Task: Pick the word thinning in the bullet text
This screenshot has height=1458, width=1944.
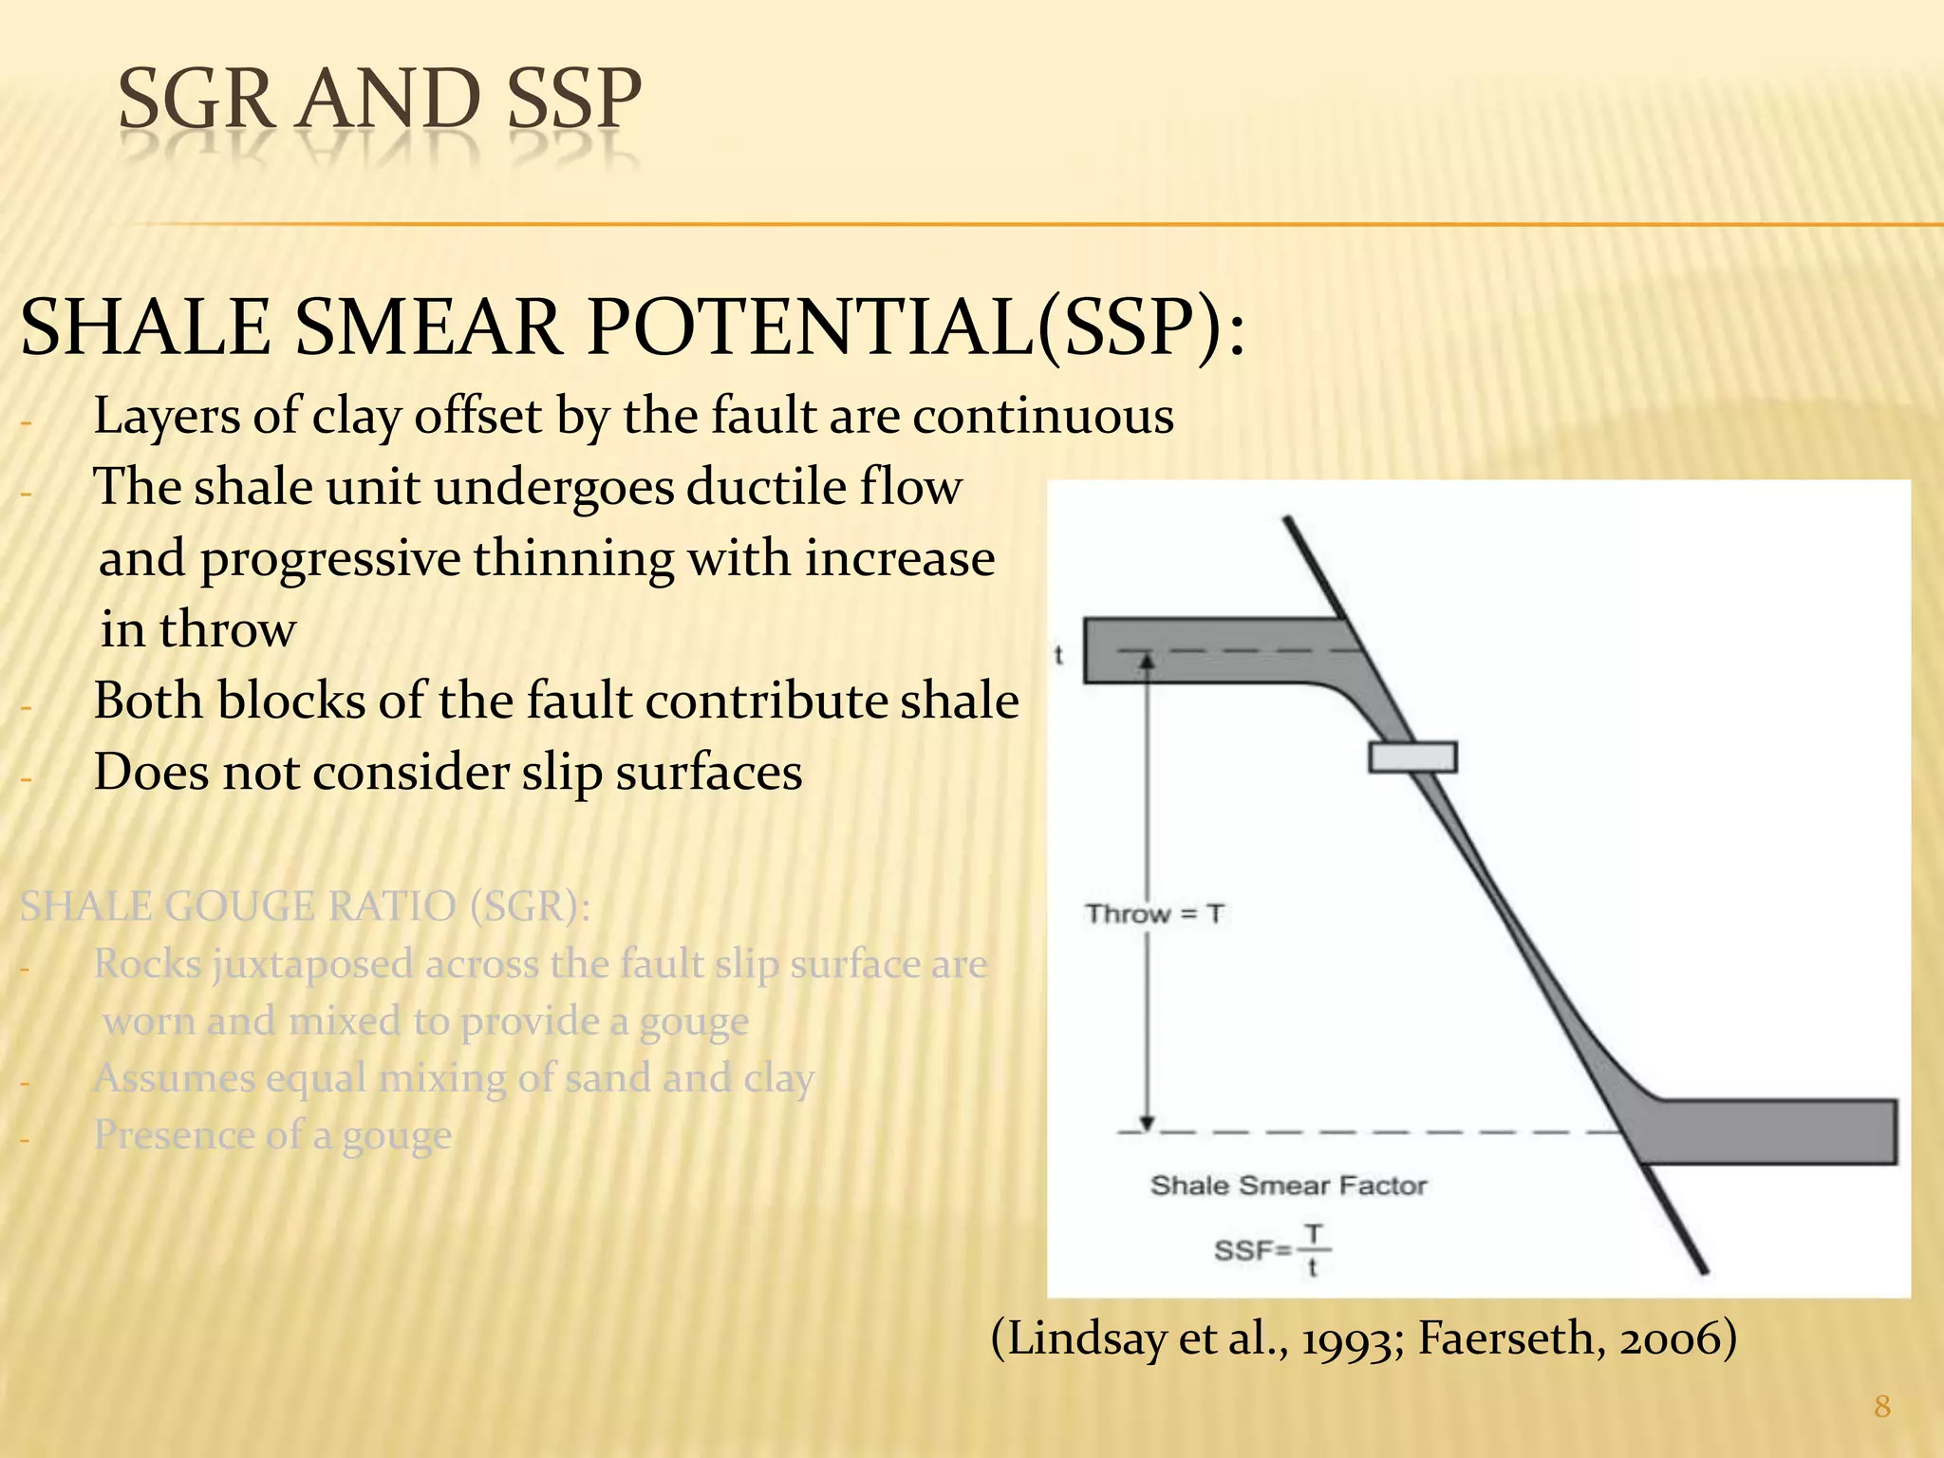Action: [573, 558]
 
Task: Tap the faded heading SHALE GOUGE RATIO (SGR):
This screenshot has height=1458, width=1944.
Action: [305, 907]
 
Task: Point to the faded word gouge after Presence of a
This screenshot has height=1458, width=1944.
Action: [397, 1135]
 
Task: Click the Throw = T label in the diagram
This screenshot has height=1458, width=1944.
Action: [1154, 914]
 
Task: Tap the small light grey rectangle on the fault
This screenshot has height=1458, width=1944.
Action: [1411, 757]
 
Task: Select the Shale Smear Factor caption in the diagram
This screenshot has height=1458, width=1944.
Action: [1288, 1186]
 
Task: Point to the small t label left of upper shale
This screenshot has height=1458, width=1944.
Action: [1059, 655]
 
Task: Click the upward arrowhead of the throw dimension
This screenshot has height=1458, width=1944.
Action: [1147, 661]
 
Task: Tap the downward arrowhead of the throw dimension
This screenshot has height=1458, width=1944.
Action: [1147, 1123]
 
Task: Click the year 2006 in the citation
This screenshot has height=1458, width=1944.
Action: [1668, 1338]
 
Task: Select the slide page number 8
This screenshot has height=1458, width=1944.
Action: [1882, 1406]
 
